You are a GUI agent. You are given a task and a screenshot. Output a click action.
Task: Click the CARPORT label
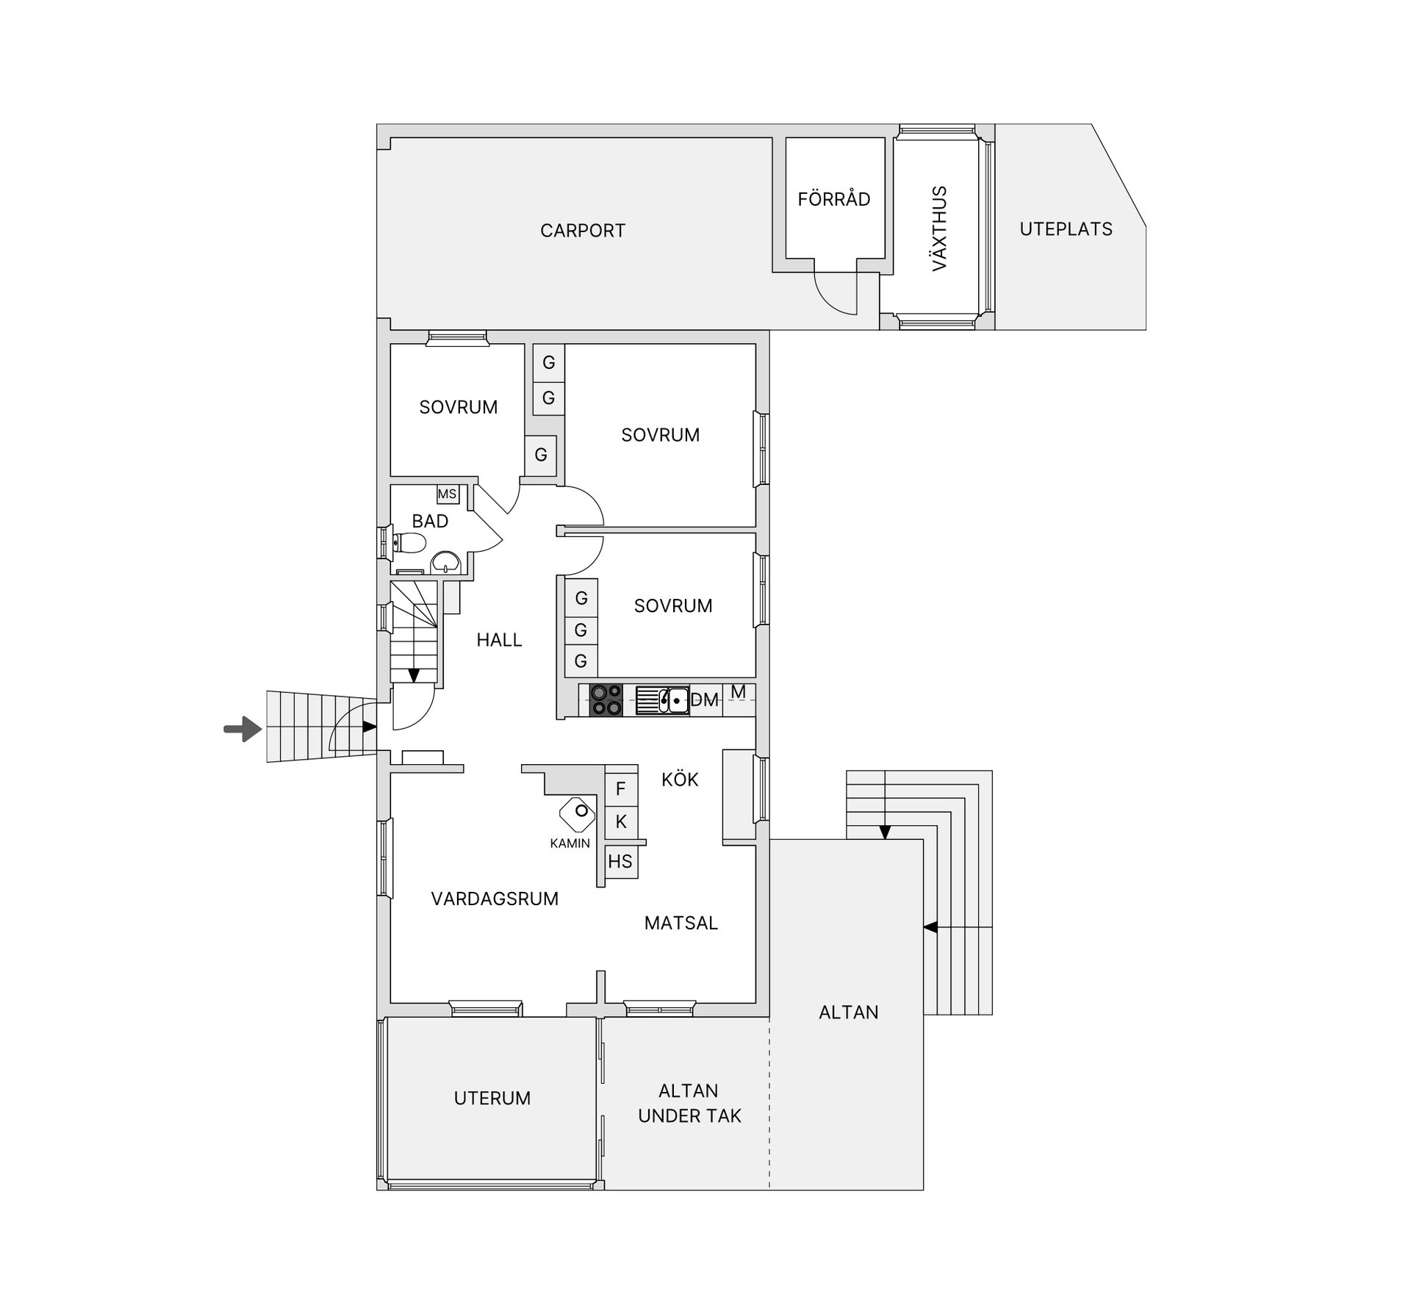(583, 231)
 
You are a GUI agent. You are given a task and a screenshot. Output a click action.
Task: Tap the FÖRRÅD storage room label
(834, 199)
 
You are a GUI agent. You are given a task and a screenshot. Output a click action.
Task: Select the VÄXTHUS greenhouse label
(939, 229)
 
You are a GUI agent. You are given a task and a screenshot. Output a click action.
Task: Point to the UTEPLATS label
(1066, 229)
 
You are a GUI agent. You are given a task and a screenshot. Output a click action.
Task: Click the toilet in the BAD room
(409, 543)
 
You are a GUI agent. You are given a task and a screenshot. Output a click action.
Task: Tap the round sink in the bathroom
(445, 563)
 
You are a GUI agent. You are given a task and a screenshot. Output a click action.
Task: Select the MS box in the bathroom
(448, 494)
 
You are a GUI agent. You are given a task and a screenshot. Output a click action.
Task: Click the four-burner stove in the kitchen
(606, 699)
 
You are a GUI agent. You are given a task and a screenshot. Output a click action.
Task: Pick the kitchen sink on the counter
(662, 700)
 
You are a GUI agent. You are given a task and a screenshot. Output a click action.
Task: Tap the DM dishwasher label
(704, 700)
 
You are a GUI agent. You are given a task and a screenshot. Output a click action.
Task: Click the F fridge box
(621, 788)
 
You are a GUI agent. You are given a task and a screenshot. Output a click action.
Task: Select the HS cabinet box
(620, 861)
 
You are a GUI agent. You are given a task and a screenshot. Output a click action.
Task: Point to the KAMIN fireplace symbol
(578, 813)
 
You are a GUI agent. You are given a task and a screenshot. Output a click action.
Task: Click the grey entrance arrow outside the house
(243, 730)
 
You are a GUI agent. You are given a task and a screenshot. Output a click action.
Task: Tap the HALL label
(499, 640)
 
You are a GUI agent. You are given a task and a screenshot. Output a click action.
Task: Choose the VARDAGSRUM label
(495, 899)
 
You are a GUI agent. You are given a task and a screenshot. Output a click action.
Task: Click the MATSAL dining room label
(681, 923)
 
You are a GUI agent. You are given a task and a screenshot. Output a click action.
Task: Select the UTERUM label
(492, 1098)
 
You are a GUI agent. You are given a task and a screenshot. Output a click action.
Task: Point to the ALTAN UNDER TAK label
(689, 1104)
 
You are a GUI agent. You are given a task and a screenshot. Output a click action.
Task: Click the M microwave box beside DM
(739, 692)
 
